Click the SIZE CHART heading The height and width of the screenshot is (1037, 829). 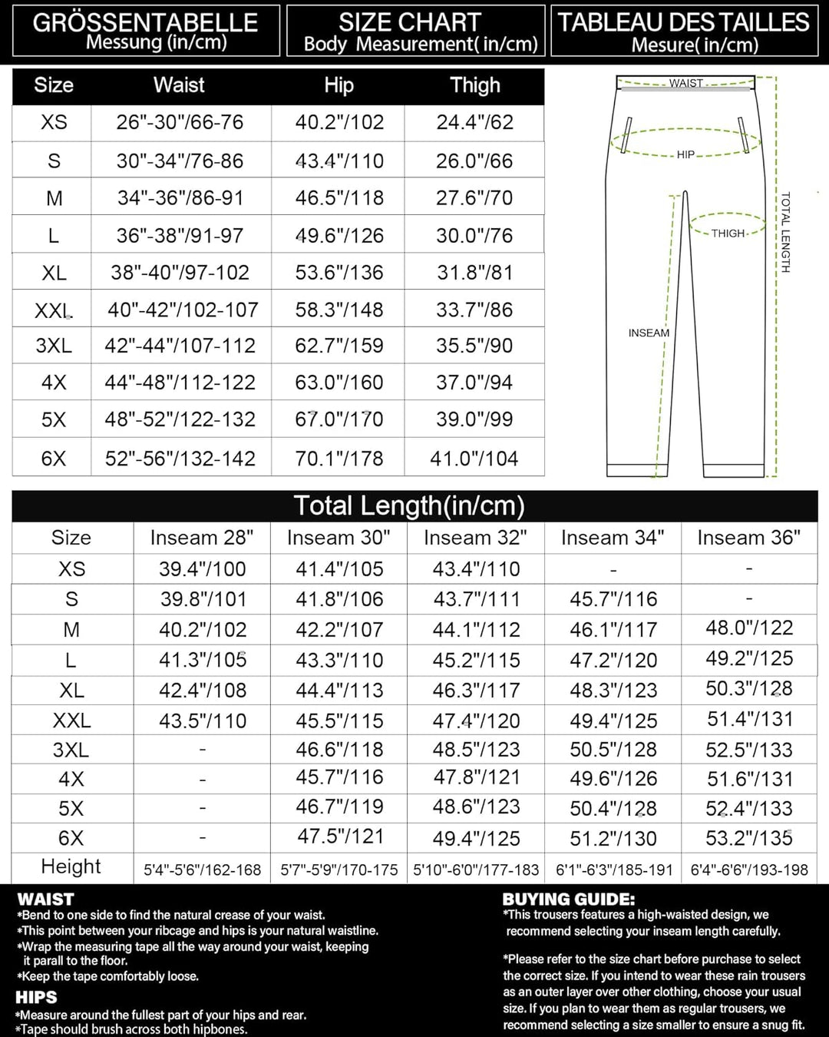point(410,22)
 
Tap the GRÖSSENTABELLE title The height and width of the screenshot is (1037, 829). point(145,22)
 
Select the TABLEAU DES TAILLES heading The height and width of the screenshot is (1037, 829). point(683,22)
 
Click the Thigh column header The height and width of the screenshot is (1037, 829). point(474,85)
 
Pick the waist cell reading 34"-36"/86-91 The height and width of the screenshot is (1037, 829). point(180,198)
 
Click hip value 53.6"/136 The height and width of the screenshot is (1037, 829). point(339,273)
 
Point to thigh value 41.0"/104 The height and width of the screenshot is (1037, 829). point(474,459)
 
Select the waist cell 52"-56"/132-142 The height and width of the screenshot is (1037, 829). point(180,459)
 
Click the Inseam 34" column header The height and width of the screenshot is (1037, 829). point(613,538)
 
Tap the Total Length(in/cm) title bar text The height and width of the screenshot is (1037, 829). point(409,506)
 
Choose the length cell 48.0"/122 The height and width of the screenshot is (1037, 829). point(749,628)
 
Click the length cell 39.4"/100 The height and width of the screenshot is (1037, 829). point(203,569)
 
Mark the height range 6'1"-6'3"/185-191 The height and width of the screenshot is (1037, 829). point(614,870)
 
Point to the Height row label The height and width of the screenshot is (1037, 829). point(71,867)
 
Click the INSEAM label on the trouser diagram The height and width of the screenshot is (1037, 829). point(649,333)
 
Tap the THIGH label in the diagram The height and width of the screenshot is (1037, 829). point(728,234)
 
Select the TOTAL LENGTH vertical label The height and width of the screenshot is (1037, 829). point(785,232)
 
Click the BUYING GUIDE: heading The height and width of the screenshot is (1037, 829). point(569,900)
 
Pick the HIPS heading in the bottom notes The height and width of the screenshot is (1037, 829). point(36,998)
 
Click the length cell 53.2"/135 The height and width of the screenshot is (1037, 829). point(749,837)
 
